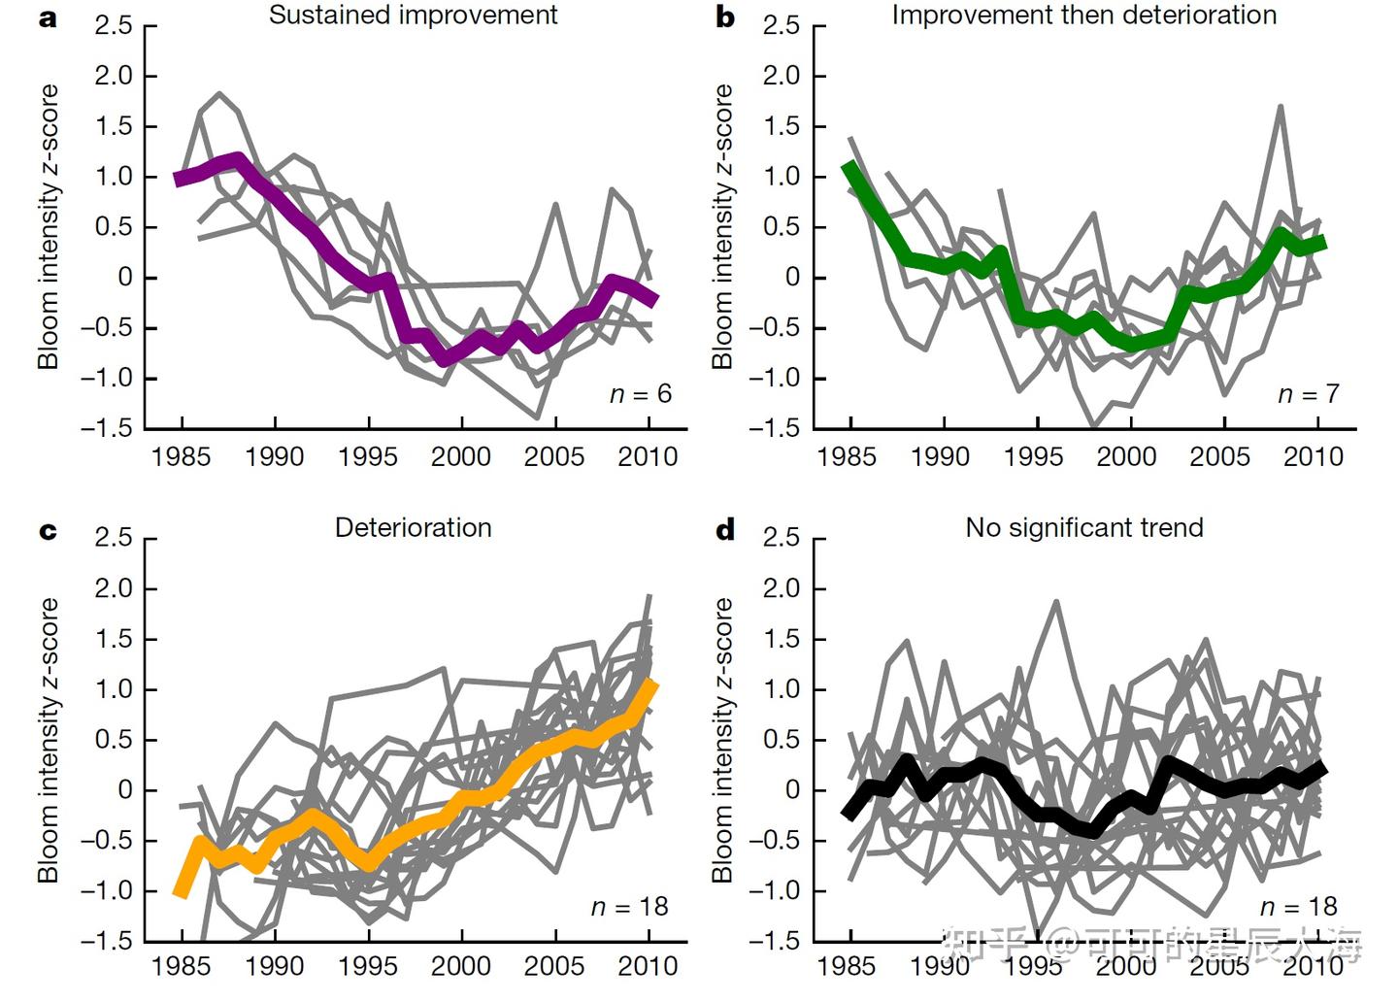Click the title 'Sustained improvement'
click(414, 16)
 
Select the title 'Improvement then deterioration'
click(1084, 16)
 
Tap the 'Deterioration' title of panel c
click(414, 528)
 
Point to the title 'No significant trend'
click(1084, 528)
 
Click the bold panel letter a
click(48, 18)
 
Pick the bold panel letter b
click(724, 17)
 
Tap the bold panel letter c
click(48, 531)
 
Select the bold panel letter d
click(724, 530)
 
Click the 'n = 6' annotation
click(641, 394)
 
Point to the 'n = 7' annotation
click(1309, 394)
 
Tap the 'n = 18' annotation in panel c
click(630, 907)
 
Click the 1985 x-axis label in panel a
click(182, 456)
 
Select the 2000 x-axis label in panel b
click(1126, 456)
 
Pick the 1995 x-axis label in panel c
click(368, 967)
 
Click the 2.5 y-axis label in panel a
click(113, 26)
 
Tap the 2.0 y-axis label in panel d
click(782, 589)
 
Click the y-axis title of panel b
click(722, 226)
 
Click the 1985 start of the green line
click(849, 166)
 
